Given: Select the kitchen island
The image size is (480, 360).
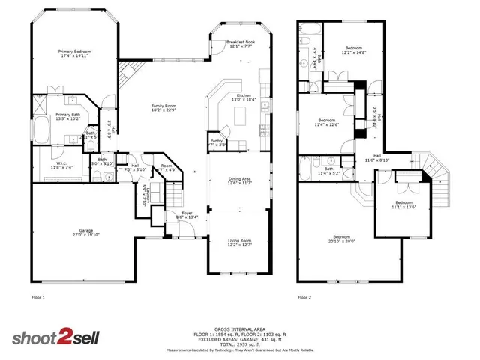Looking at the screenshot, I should coord(241,115).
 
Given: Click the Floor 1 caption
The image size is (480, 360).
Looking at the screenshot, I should coord(37,298).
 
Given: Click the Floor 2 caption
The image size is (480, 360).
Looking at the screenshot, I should coord(304,298).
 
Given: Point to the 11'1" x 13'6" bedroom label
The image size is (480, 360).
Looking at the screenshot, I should coord(403,204).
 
